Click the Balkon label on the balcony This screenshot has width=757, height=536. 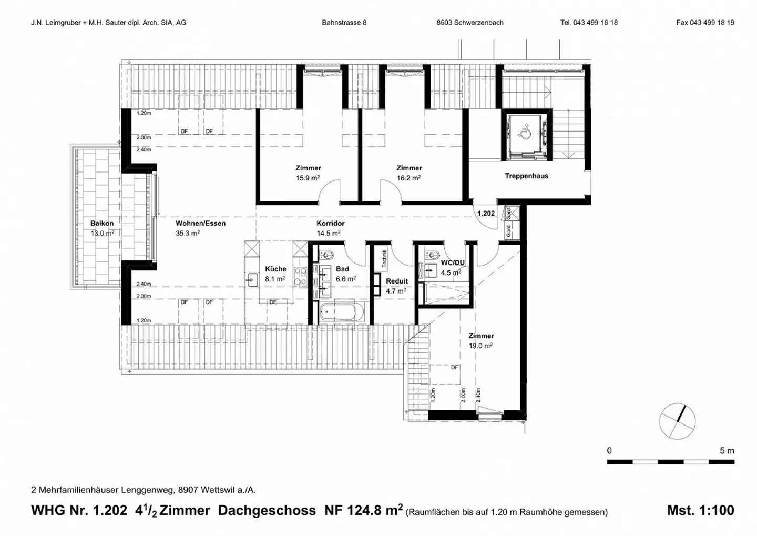[x=101, y=224]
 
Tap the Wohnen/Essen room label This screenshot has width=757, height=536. [x=200, y=224]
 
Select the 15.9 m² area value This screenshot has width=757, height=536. [x=308, y=178]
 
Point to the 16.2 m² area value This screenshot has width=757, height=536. [x=408, y=178]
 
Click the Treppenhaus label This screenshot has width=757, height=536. [x=526, y=176]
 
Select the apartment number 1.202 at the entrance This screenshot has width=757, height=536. [x=486, y=214]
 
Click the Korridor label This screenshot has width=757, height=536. [x=330, y=224]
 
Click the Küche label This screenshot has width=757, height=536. [x=275, y=269]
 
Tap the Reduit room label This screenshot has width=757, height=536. [x=396, y=281]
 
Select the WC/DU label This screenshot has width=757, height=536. [x=453, y=262]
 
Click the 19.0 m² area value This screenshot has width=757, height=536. [x=480, y=346]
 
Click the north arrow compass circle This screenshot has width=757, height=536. [x=677, y=422]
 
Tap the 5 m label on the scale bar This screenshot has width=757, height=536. [x=727, y=451]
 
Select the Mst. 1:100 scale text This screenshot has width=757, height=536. [x=700, y=510]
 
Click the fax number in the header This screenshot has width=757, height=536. [x=705, y=23]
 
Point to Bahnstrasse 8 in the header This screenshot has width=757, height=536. [x=344, y=23]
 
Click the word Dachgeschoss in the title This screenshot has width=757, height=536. [x=267, y=510]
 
